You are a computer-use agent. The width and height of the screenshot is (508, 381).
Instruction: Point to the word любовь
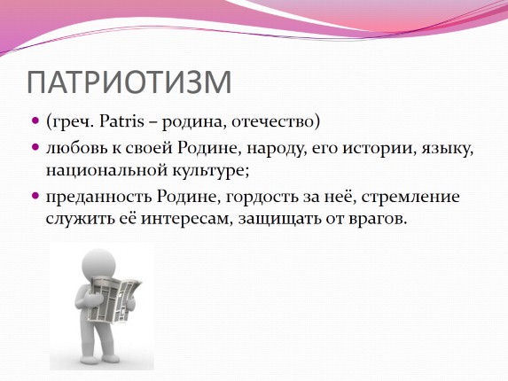click(74, 147)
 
